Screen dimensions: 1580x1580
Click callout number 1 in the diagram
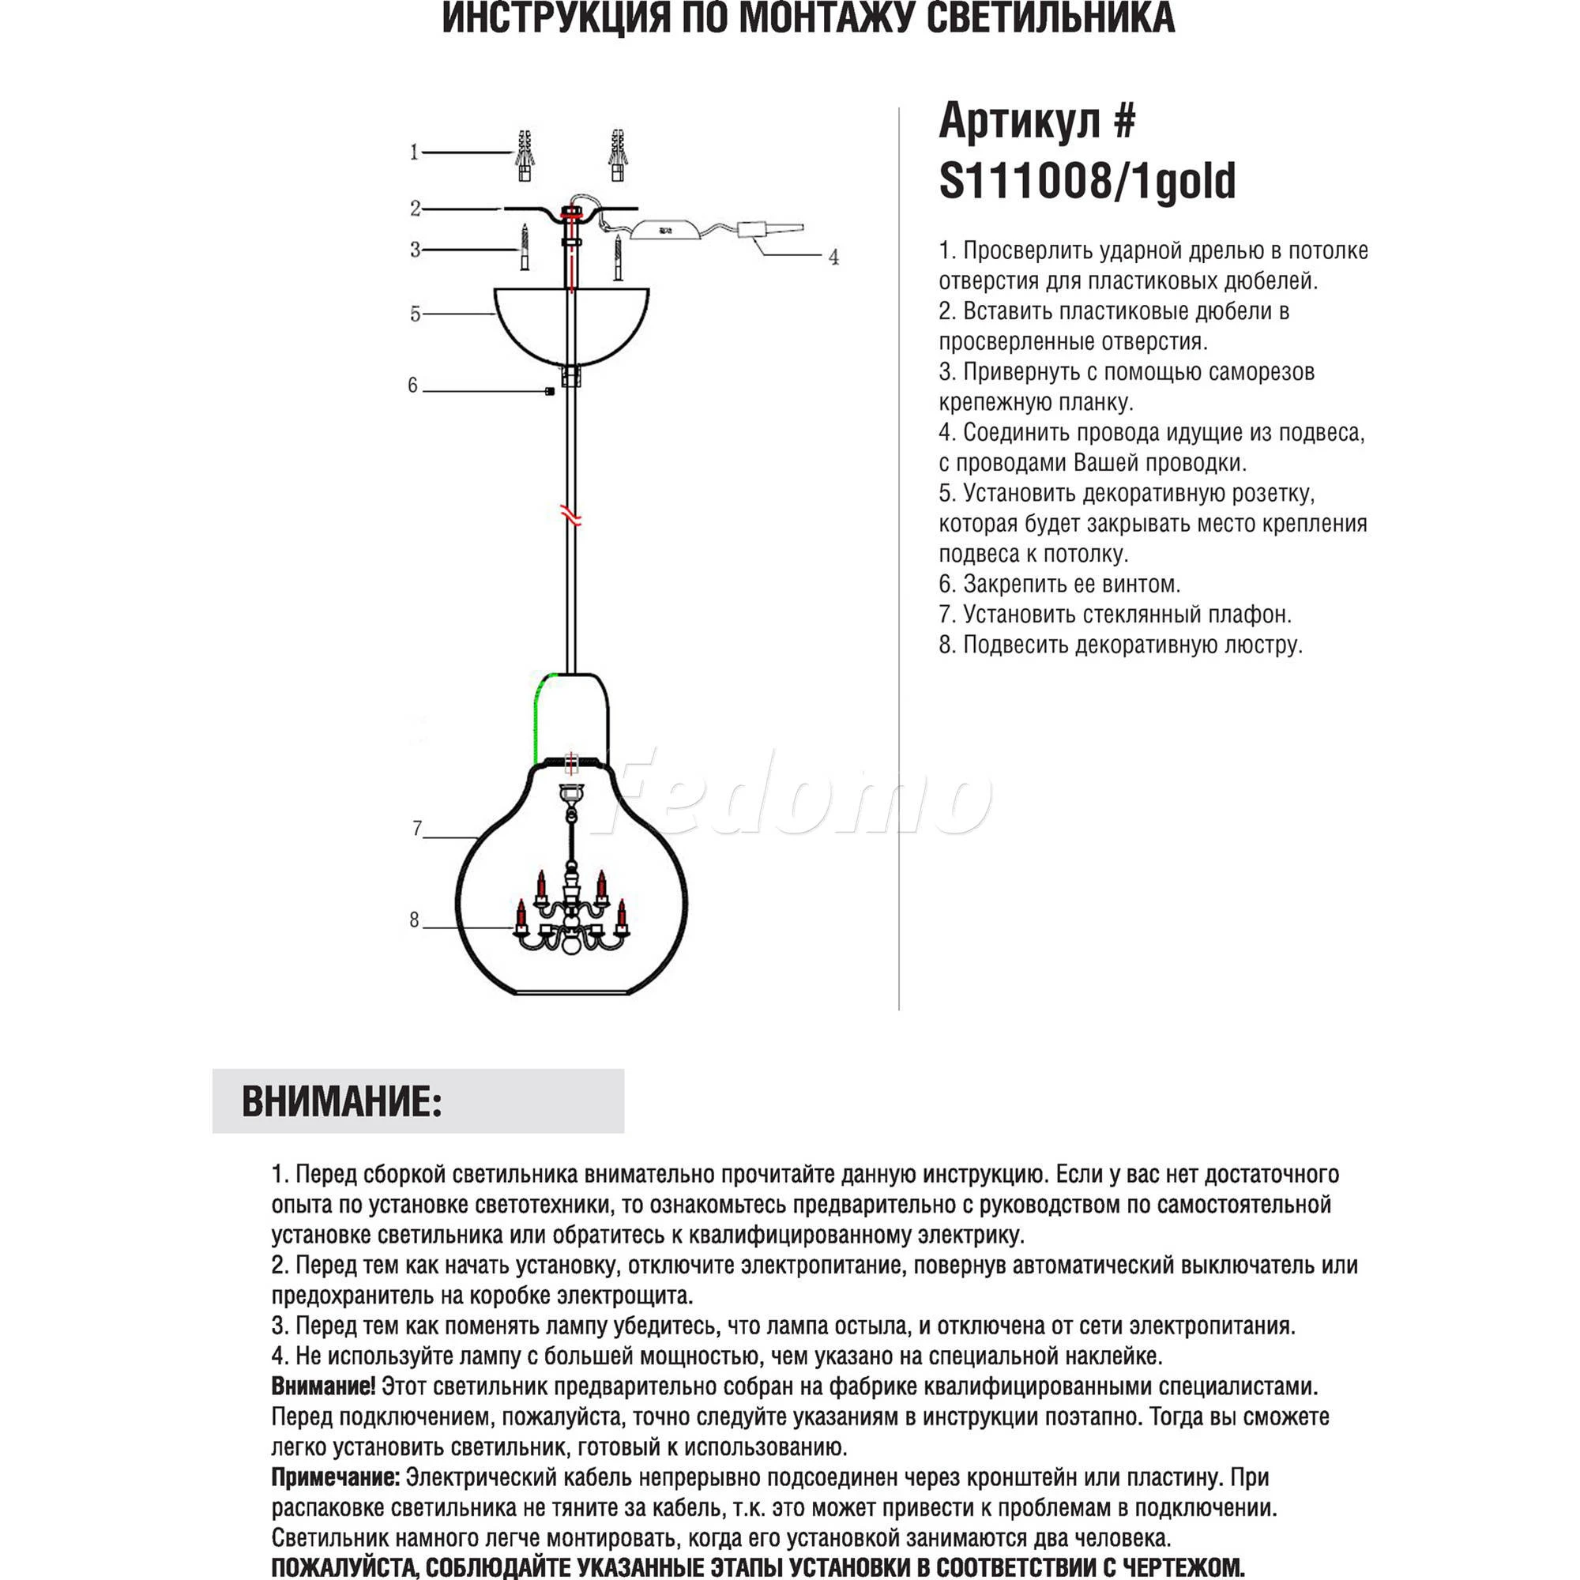pos(414,152)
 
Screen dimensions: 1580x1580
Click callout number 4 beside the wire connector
pos(833,257)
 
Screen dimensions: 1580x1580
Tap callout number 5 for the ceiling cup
pos(415,314)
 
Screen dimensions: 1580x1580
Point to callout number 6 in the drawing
pos(413,386)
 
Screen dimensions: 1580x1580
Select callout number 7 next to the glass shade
pos(417,829)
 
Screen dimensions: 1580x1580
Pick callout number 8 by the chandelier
pos(415,921)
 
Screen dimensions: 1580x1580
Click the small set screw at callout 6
pos(550,392)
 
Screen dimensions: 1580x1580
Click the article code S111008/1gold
pos(1087,182)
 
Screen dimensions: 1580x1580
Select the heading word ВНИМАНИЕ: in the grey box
pos(342,1102)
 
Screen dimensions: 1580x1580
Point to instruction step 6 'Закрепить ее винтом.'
pos(1059,584)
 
